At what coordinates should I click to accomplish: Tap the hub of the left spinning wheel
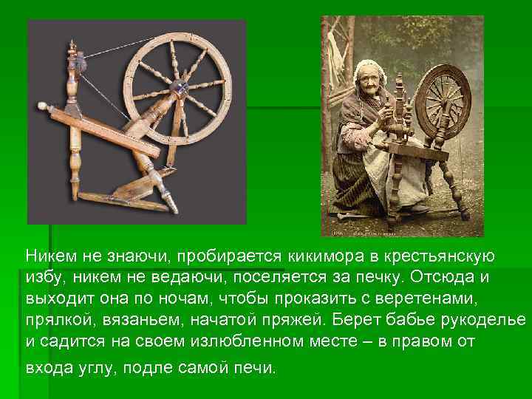[177, 88]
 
